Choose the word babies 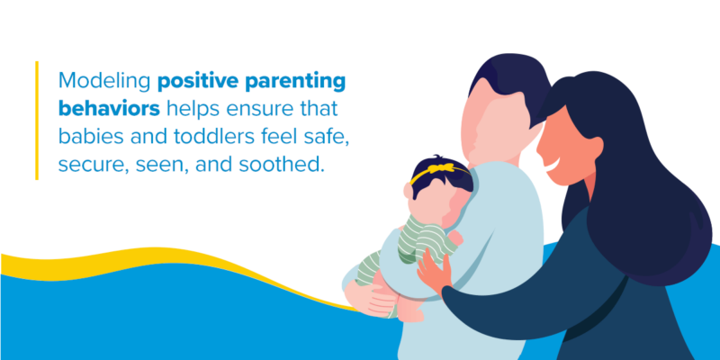[x=89, y=138]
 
